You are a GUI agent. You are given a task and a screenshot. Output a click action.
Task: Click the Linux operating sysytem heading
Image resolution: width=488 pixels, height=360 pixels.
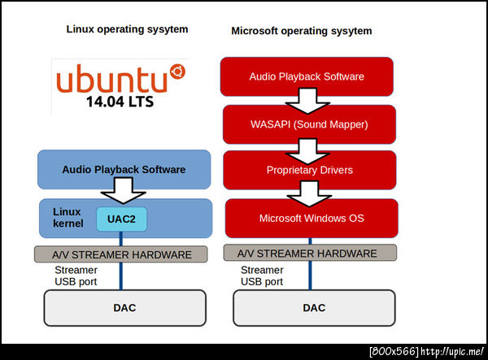click(x=127, y=29)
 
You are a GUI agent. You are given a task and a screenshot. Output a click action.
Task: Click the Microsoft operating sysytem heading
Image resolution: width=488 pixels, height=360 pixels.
click(x=302, y=31)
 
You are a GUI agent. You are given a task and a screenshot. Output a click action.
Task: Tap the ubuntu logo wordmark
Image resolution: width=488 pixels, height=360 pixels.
click(x=111, y=80)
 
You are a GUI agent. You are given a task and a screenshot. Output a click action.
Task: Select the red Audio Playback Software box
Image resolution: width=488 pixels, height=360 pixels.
click(x=307, y=76)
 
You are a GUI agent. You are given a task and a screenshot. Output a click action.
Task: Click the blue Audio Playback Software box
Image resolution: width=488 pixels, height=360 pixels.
click(x=124, y=170)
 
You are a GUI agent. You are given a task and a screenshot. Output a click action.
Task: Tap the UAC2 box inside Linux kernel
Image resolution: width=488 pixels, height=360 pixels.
click(x=121, y=219)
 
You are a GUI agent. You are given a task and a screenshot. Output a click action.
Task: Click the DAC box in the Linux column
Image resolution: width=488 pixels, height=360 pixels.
click(x=124, y=308)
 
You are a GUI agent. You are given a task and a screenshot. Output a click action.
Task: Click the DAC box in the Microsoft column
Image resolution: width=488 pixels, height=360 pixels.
click(x=314, y=308)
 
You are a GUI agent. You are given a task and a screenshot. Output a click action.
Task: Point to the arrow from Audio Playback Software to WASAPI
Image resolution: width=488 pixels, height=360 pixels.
click(x=308, y=100)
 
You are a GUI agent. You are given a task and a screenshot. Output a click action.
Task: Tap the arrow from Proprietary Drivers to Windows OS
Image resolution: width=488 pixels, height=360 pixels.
click(x=308, y=194)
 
